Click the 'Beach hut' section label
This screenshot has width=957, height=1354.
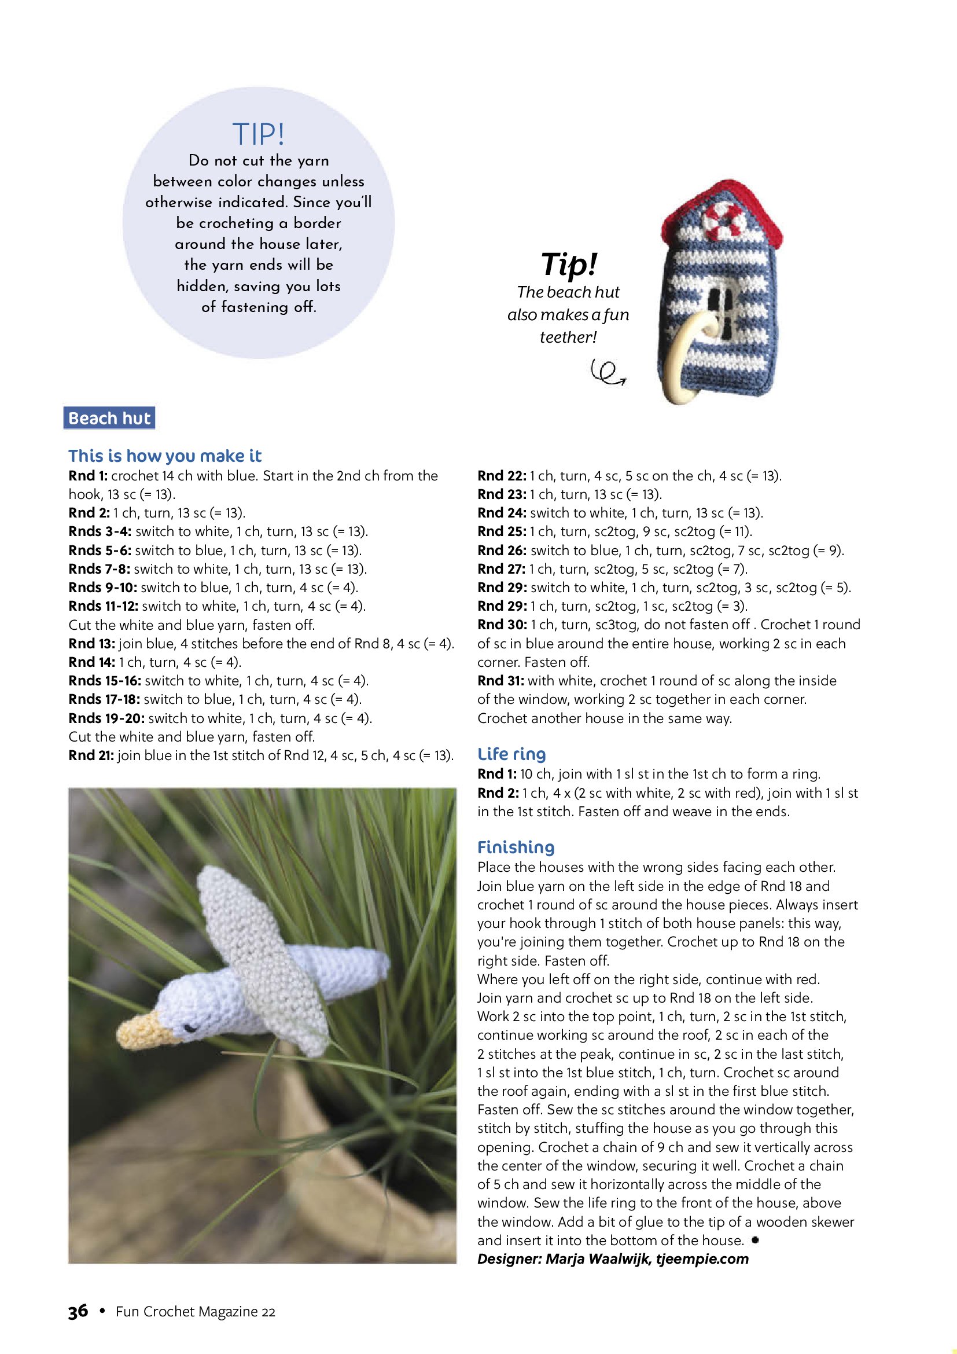tap(109, 418)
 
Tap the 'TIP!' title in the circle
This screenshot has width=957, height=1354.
tap(259, 134)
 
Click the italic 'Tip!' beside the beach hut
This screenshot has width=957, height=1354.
tap(569, 263)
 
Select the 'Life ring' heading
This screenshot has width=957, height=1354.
tap(511, 754)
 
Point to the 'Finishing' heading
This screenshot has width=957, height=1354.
tap(516, 847)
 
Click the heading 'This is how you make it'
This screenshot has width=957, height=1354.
tap(165, 456)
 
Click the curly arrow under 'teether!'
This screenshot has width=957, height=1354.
tap(608, 373)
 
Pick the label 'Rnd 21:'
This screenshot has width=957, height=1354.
tap(91, 755)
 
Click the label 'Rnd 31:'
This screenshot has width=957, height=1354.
tap(500, 681)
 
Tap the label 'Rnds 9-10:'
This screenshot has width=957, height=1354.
tap(102, 588)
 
